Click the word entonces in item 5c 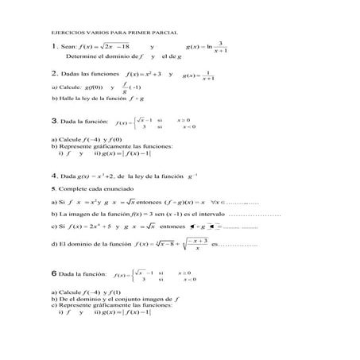(172, 226)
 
